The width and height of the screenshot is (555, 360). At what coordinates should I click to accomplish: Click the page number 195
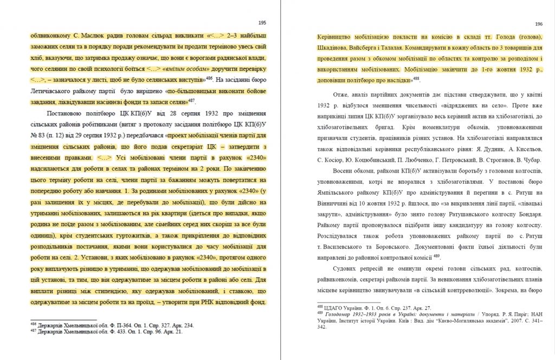[x=262, y=23]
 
